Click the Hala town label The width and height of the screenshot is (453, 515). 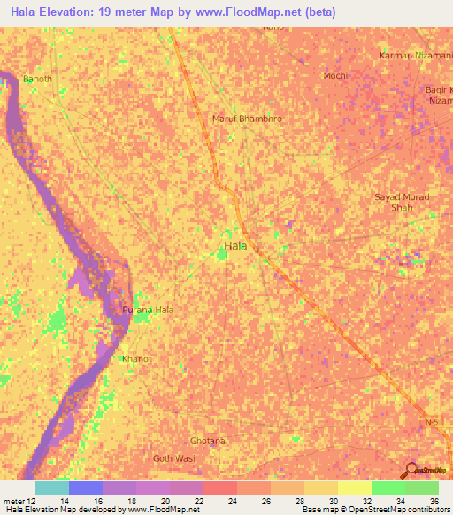[235, 245]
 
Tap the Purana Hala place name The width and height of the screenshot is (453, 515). [147, 310]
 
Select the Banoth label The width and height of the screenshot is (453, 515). [37, 79]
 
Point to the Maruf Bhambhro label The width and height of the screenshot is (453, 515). [247, 119]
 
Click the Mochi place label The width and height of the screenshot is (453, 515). [335, 76]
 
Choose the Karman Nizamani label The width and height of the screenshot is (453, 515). [414, 56]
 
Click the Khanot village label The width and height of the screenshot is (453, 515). [137, 358]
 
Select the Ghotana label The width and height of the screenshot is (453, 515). [209, 440]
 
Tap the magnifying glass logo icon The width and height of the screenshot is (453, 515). [410, 469]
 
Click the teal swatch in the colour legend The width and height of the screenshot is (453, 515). [52, 488]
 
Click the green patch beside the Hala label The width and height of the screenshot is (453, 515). [219, 257]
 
